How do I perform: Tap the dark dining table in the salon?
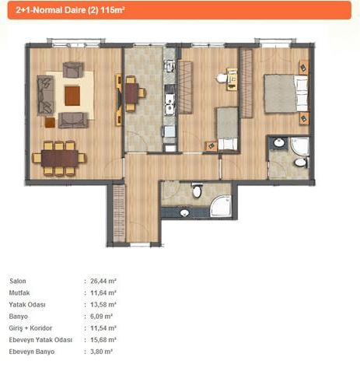pyautogui.click(x=60, y=159)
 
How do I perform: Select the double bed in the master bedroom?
pyautogui.click(x=286, y=93)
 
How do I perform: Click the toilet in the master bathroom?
pyautogui.click(x=301, y=163)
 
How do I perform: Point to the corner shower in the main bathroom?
pyautogui.click(x=221, y=206)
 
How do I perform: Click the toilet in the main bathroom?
pyautogui.click(x=197, y=191)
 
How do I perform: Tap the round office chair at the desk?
pyautogui.click(x=222, y=78)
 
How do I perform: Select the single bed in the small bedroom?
pyautogui.click(x=228, y=129)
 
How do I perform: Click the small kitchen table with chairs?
pyautogui.click(x=132, y=93)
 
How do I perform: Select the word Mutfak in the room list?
pyautogui.click(x=19, y=293)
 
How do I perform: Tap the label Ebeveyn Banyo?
pyautogui.click(x=32, y=352)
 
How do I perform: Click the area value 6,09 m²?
pyautogui.click(x=101, y=317)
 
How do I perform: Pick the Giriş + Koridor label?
pyautogui.click(x=30, y=328)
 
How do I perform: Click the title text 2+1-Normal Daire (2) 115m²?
pyautogui.click(x=70, y=10)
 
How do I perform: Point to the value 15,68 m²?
pyautogui.click(x=103, y=340)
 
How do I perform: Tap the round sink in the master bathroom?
pyautogui.click(x=279, y=142)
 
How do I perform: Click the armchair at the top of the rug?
pyautogui.click(x=73, y=70)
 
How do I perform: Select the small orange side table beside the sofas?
pyautogui.click(x=50, y=123)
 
